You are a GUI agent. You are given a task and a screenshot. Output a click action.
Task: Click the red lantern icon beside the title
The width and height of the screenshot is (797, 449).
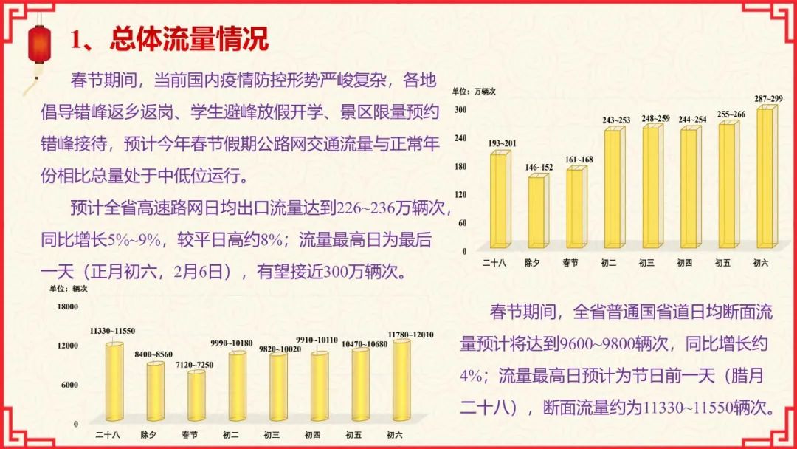pyautogui.click(x=38, y=44)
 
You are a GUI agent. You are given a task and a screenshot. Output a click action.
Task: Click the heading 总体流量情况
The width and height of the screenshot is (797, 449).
pyautogui.click(x=188, y=39)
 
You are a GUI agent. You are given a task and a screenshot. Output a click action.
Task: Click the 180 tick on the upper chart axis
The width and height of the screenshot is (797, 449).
pyautogui.click(x=460, y=166)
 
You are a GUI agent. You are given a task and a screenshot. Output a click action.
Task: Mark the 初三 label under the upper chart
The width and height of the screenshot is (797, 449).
pyautogui.click(x=647, y=262)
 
